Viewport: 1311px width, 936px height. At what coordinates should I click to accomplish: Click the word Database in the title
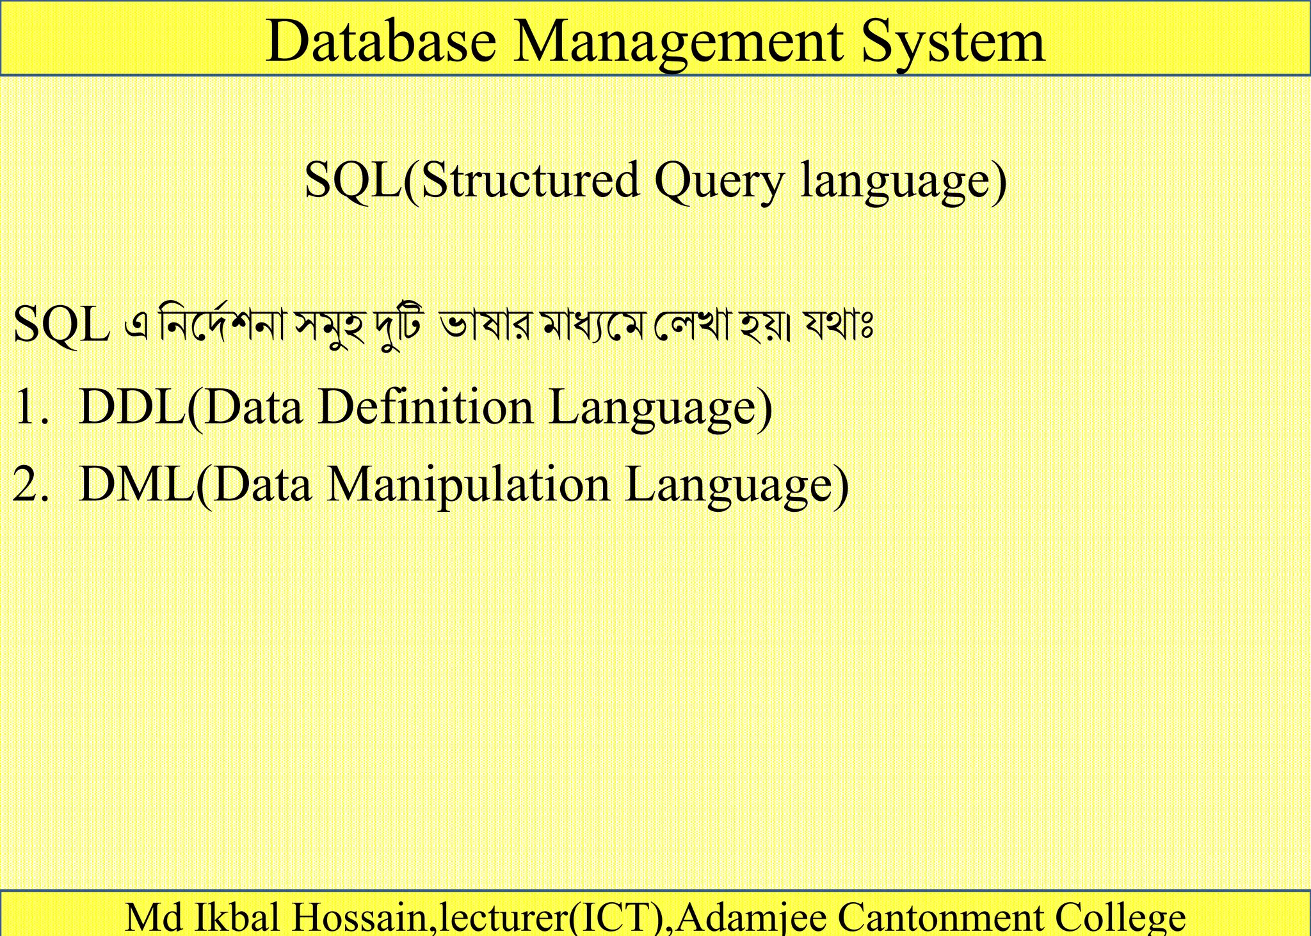(381, 42)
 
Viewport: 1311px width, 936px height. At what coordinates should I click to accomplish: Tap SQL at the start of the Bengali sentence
(61, 325)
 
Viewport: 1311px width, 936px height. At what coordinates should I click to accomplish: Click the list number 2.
(29, 484)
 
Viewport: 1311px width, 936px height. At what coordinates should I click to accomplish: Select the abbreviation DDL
(131, 407)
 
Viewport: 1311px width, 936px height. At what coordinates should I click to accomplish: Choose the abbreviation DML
(136, 484)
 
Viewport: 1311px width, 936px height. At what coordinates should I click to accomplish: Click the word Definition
(426, 407)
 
